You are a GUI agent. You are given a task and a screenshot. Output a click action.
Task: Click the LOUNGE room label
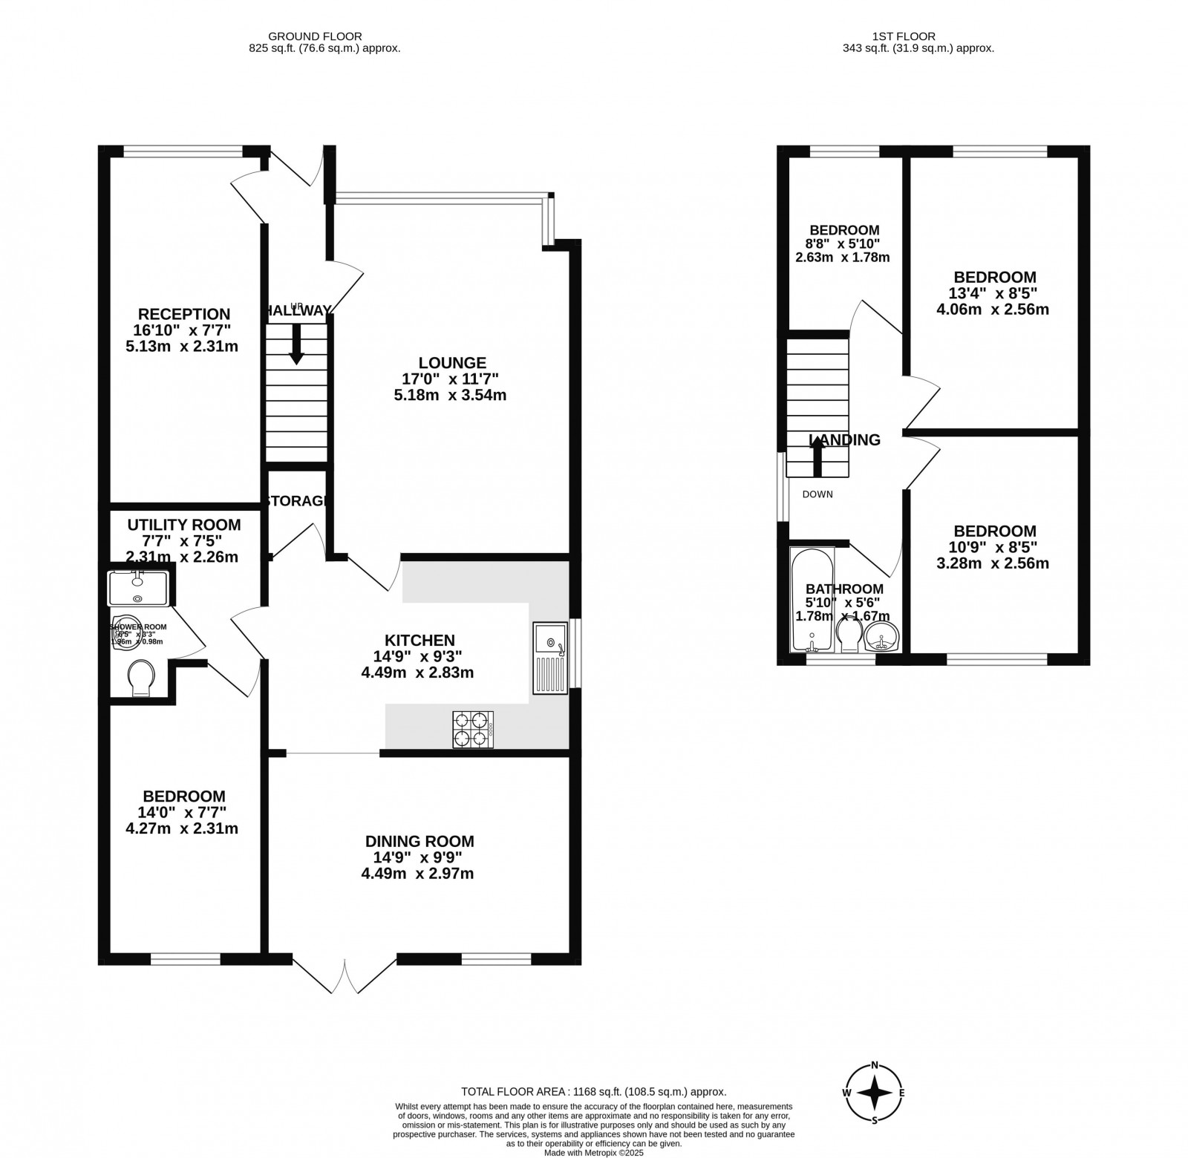coord(452,363)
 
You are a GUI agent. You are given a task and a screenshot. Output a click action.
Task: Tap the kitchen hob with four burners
coord(473,729)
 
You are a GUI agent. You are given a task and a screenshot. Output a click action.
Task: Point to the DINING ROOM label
coord(420,841)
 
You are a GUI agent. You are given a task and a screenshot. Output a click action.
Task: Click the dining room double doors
coord(345,975)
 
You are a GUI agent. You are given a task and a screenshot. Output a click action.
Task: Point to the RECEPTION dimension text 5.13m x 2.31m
coord(183,346)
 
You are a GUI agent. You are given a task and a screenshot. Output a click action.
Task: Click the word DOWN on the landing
coord(817,494)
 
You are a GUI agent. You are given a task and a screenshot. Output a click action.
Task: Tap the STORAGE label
coord(298,501)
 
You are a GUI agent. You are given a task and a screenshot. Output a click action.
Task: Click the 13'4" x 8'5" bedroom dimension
coord(993,293)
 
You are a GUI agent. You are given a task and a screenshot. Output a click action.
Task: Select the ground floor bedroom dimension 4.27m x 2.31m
coord(183,828)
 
